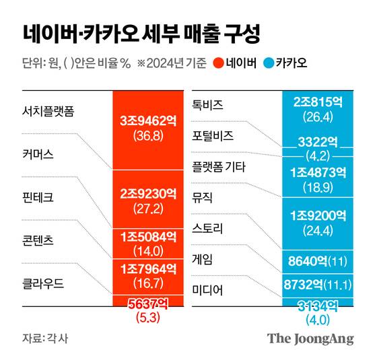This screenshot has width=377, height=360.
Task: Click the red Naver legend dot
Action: [x=219, y=65]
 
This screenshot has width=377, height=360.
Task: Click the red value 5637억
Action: [x=147, y=303]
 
